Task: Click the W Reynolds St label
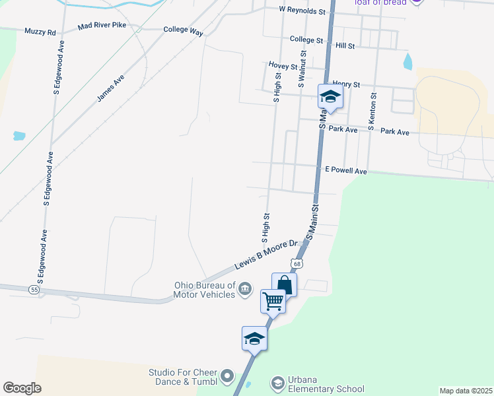[302, 11]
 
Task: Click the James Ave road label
[110, 88]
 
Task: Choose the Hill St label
[345, 46]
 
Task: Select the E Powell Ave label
[346, 170]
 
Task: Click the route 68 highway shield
[299, 264]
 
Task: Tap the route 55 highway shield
[34, 289]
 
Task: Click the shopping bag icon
[284, 285]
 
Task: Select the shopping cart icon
[273, 302]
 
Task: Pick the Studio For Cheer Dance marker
[228, 377]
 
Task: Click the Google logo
[22, 388]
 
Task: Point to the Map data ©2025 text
[465, 391]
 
